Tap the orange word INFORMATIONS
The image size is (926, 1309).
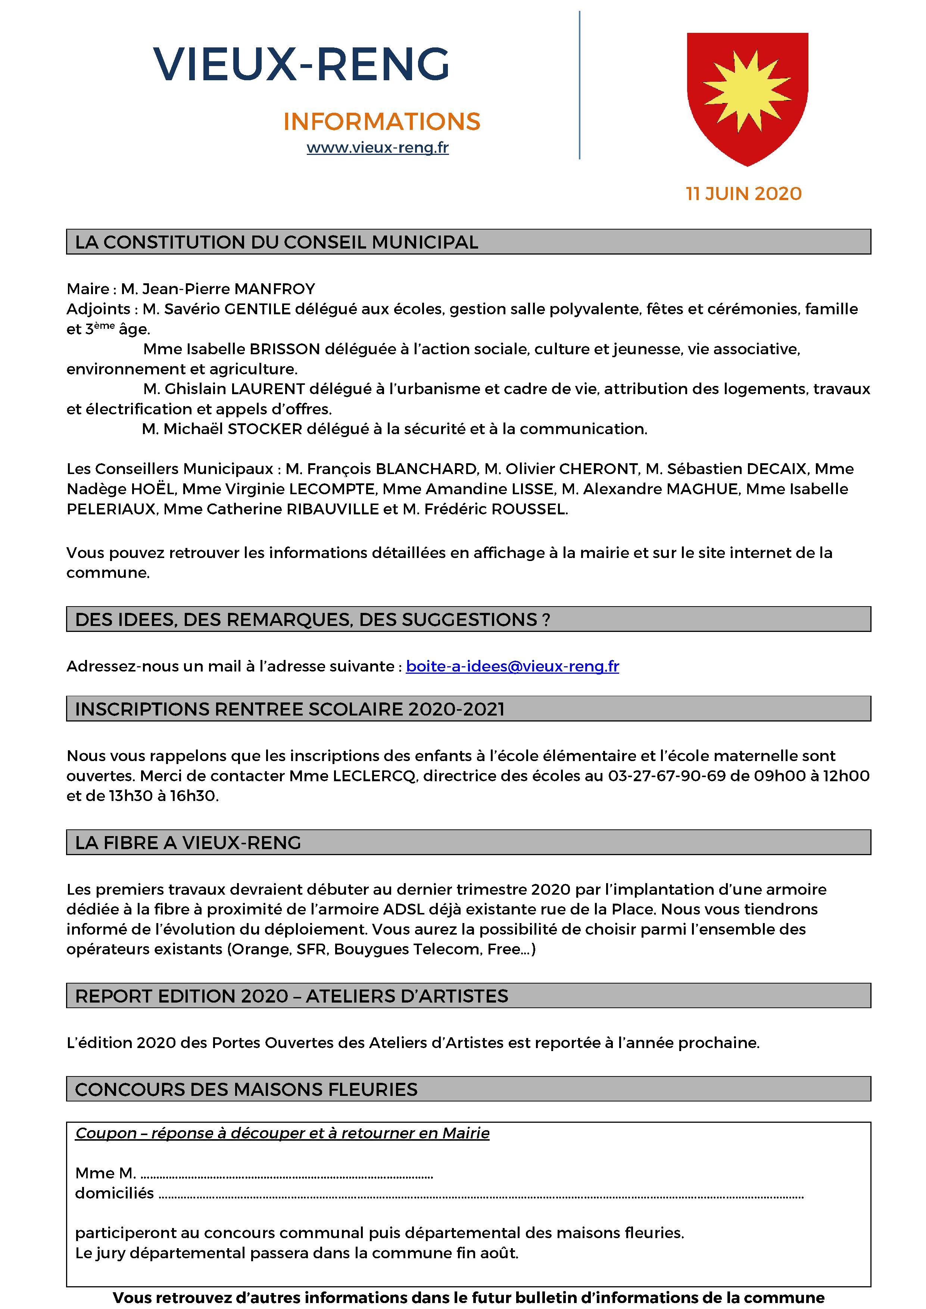(381, 121)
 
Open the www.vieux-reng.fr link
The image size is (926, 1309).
(377, 148)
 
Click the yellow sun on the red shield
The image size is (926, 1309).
(747, 90)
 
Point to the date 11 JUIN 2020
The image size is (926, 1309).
(743, 194)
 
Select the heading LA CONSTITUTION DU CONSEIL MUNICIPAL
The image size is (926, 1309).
(277, 242)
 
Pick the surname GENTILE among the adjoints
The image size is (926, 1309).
(258, 309)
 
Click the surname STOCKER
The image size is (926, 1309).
(265, 429)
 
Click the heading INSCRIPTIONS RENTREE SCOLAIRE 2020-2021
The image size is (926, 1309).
(290, 709)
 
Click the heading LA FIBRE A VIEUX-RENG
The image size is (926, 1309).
(188, 843)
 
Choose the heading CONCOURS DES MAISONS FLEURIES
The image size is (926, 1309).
(246, 1090)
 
